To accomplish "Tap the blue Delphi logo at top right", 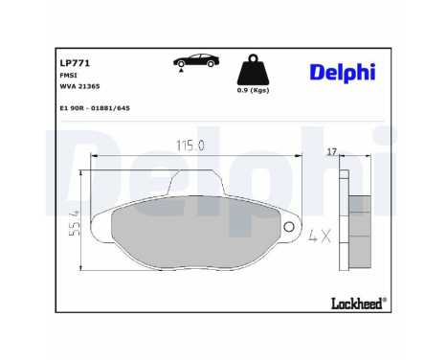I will point(342,73).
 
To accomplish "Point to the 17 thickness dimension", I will point(331,151).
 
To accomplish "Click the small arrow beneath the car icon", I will point(178,67).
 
